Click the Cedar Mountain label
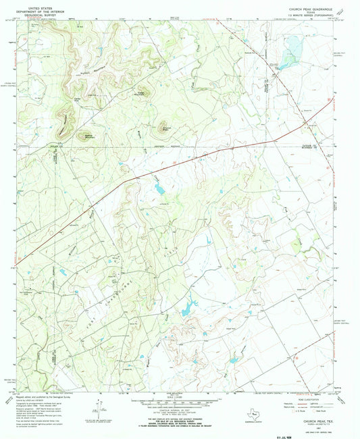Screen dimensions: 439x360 141,93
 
